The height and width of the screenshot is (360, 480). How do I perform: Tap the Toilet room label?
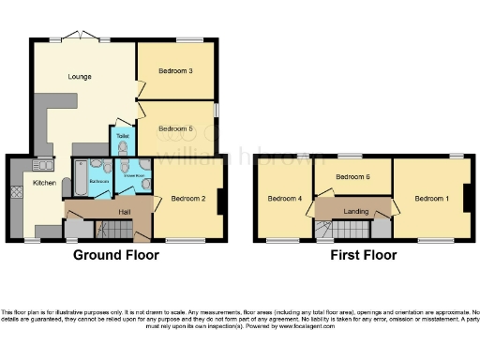[123, 137]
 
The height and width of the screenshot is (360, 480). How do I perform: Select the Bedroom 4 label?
[285, 198]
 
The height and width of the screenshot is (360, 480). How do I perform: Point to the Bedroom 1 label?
[431, 198]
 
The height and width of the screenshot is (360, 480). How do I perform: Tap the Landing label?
[355, 211]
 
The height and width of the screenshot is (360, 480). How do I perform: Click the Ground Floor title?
[113, 255]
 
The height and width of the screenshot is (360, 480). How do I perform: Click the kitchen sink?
[44, 161]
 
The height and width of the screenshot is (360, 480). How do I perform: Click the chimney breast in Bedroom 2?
[220, 202]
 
